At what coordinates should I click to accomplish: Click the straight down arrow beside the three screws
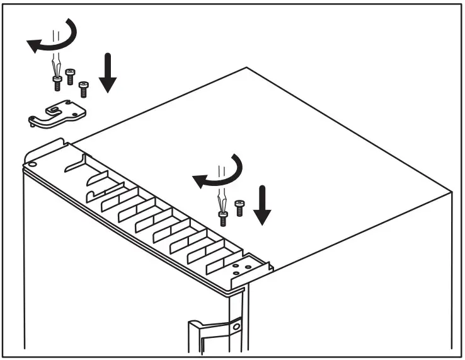[x=108, y=73]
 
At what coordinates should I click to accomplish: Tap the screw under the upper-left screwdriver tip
[x=56, y=81]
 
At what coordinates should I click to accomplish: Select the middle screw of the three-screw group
[x=70, y=77]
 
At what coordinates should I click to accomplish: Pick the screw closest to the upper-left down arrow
[x=84, y=88]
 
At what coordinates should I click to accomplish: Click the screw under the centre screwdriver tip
[x=222, y=218]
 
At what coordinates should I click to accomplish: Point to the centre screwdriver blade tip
[x=222, y=206]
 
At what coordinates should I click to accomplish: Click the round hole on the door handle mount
[x=236, y=328]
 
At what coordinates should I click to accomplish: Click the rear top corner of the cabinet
[x=246, y=67]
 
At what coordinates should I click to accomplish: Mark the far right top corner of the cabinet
[x=452, y=190]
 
